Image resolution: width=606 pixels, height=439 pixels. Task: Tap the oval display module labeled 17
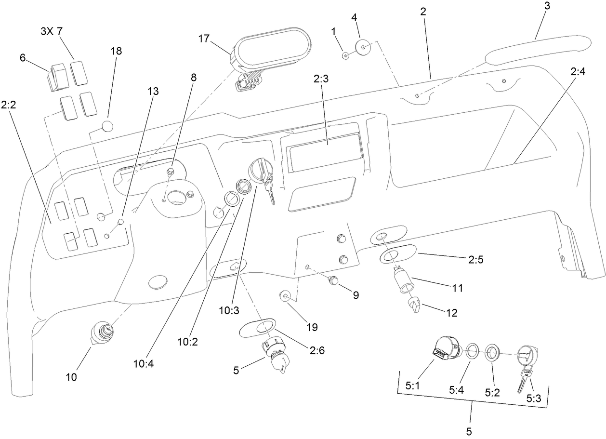[270, 48]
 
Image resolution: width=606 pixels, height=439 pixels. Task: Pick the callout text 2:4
[578, 72]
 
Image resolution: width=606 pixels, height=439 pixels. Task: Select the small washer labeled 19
[285, 295]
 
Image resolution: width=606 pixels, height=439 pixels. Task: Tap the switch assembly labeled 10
[102, 332]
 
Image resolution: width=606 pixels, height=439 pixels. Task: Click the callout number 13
[153, 91]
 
